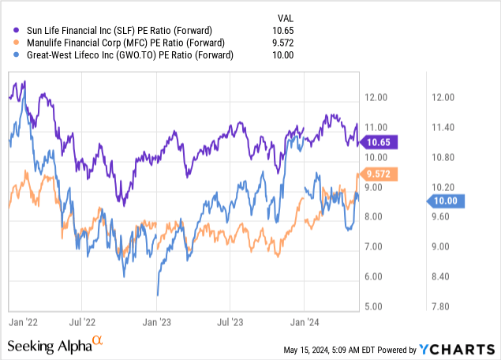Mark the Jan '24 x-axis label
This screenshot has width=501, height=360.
305,322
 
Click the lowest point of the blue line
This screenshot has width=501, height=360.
157,295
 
